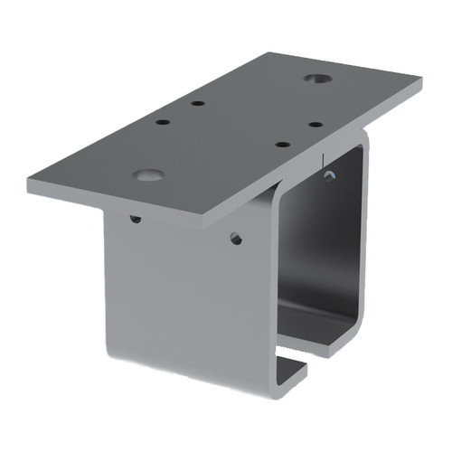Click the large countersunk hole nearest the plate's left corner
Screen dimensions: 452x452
[x=147, y=173]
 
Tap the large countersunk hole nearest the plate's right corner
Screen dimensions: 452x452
[x=315, y=80]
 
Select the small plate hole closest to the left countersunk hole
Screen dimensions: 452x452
[x=163, y=121]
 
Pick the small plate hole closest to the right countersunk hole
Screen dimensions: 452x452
[x=315, y=124]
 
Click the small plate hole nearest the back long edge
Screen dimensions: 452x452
[x=197, y=104]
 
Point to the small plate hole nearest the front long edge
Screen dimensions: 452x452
[x=282, y=143]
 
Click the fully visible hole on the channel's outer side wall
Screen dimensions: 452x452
[x=236, y=239]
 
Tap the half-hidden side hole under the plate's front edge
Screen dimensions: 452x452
[x=136, y=218]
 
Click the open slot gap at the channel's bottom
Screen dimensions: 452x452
[x=291, y=362]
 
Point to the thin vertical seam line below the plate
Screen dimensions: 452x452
[x=324, y=159]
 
